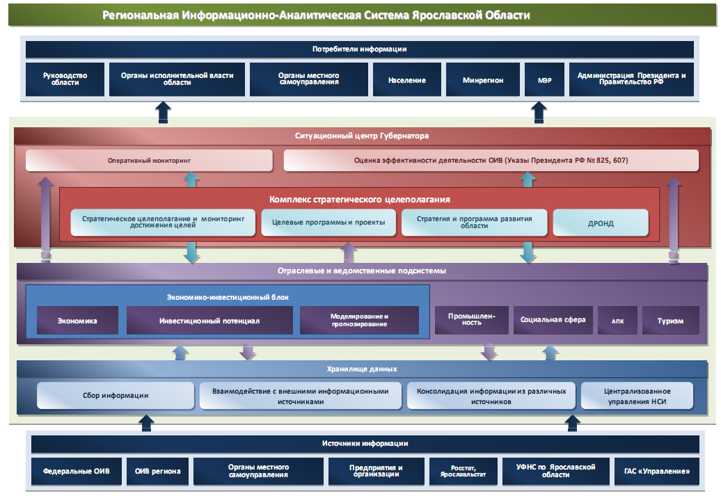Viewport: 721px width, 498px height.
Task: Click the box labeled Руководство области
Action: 64,79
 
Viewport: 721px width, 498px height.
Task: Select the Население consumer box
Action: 407,79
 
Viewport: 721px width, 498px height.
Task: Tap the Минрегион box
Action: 482,79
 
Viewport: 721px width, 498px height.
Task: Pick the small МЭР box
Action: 544,79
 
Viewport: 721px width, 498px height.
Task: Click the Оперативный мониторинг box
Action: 149,161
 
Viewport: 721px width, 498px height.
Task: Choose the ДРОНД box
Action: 600,223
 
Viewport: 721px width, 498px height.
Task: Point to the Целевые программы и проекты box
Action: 328,223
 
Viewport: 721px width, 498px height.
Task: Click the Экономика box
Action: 77,321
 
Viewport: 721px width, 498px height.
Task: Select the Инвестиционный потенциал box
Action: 209,321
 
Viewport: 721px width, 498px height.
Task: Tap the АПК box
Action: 617,321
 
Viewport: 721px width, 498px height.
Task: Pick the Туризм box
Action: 670,321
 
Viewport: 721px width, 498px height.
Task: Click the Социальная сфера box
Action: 553,320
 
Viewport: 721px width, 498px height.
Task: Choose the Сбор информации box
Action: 116,396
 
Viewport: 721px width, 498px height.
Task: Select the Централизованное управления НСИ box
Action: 637,396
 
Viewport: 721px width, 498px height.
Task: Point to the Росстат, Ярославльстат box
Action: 463,471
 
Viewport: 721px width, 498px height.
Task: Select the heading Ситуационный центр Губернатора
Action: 362,136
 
